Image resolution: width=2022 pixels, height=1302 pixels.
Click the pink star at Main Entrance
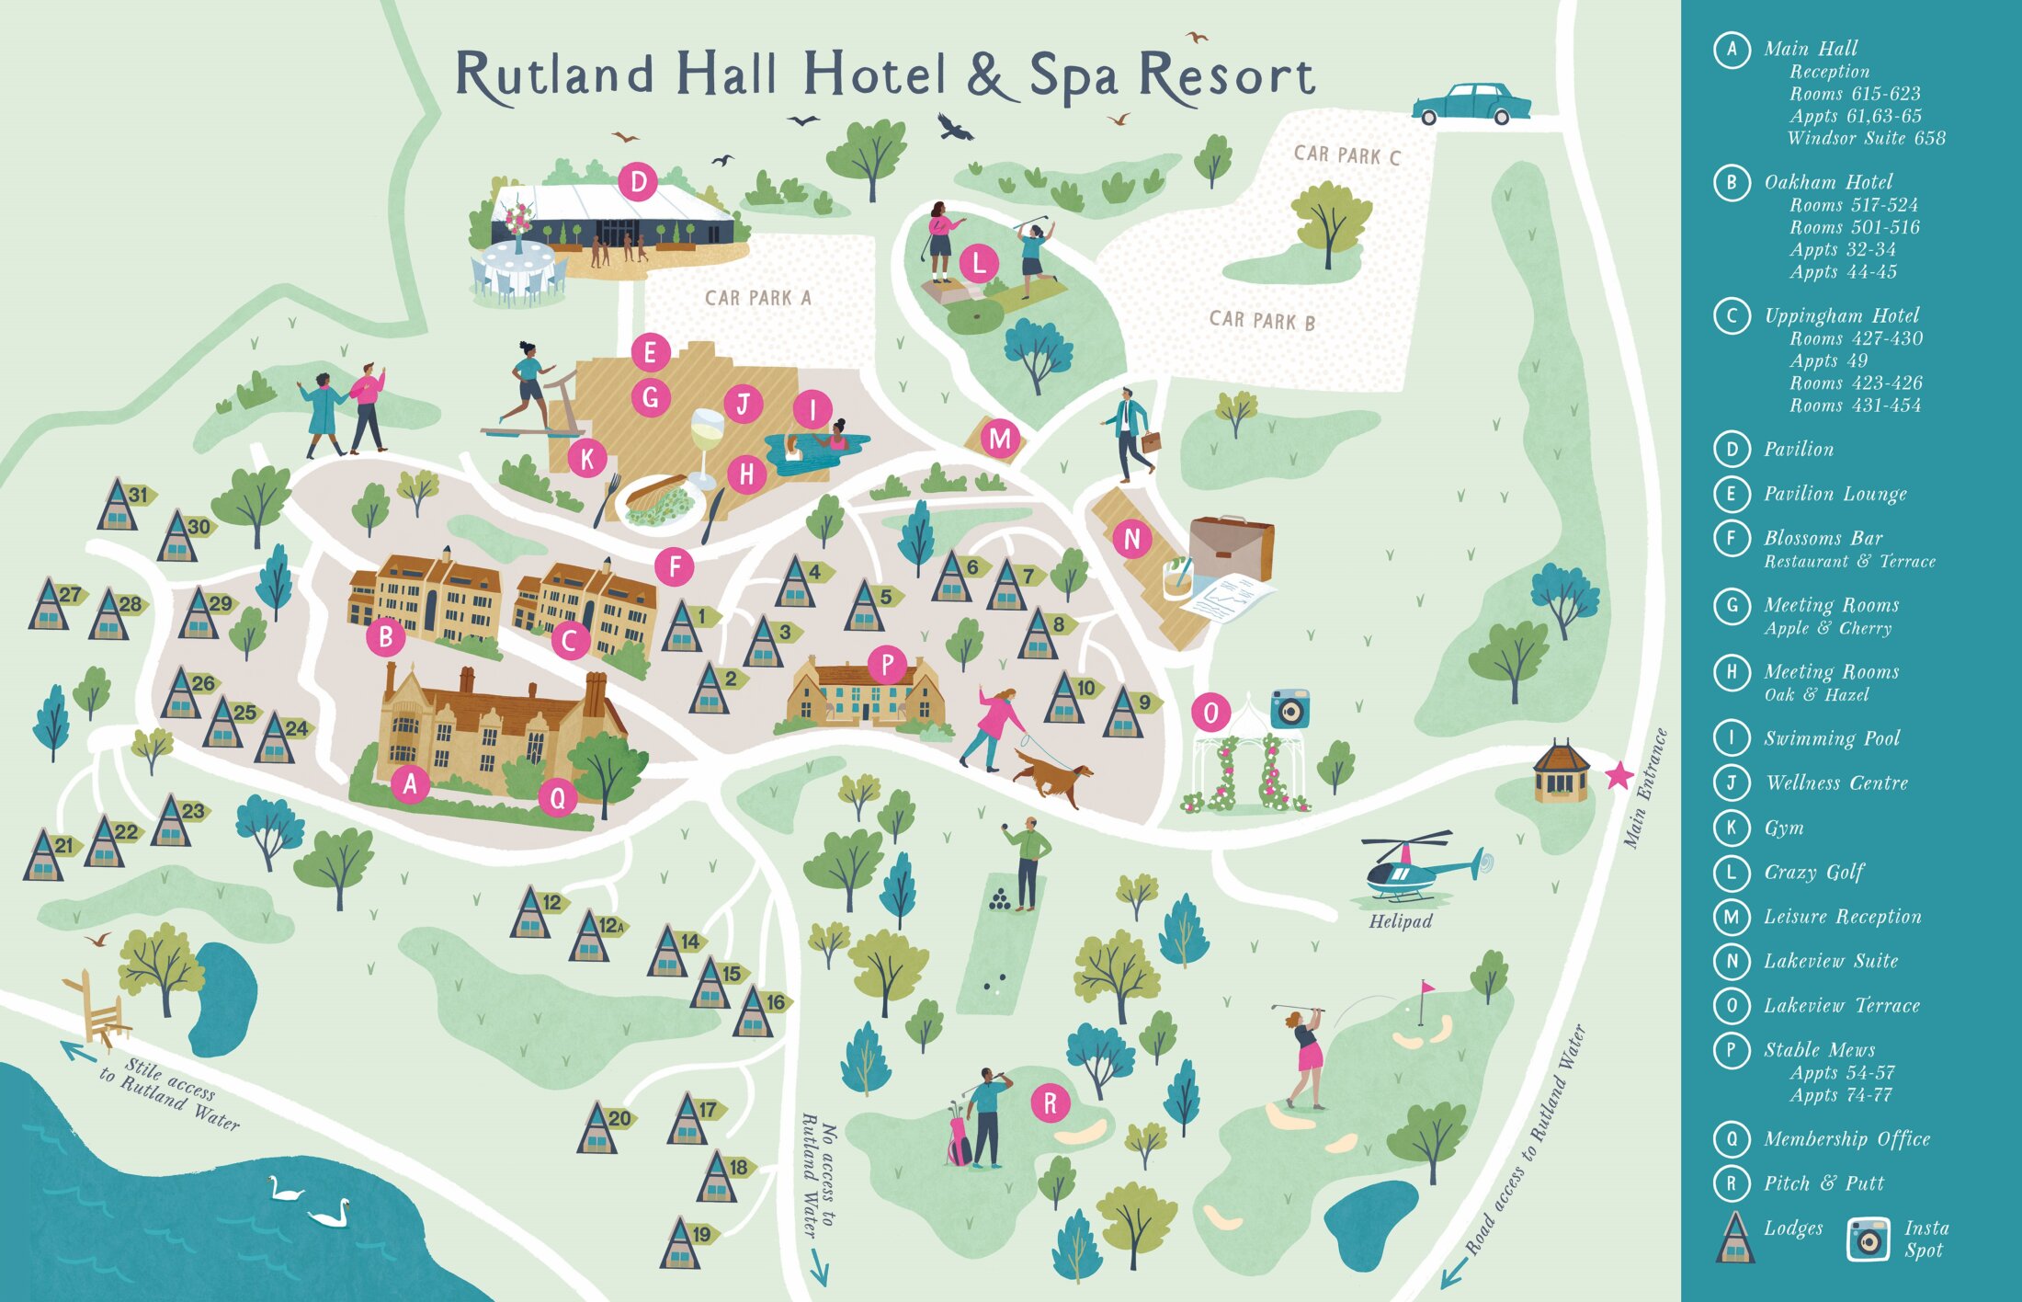pyautogui.click(x=1619, y=776)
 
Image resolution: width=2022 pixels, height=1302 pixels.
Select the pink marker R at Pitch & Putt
pyautogui.click(x=1050, y=1102)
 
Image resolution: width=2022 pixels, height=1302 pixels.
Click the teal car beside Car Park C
pyautogui.click(x=1471, y=104)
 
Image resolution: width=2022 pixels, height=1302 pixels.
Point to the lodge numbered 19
pyautogui.click(x=682, y=1243)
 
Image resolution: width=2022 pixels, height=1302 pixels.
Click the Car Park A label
pyautogui.click(x=757, y=298)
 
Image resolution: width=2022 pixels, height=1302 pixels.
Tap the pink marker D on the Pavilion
pyautogui.click(x=638, y=182)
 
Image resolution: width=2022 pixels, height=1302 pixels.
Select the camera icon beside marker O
pyautogui.click(x=1289, y=709)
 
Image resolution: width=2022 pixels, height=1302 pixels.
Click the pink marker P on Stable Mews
pyautogui.click(x=887, y=663)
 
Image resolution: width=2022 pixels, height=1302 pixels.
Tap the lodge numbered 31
pyautogui.click(x=119, y=504)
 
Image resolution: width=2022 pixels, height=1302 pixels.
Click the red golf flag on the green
pyautogui.click(x=1426, y=989)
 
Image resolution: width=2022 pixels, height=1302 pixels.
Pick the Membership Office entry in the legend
pyautogui.click(x=1846, y=1139)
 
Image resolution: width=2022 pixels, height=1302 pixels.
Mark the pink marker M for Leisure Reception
pyautogui.click(x=1000, y=439)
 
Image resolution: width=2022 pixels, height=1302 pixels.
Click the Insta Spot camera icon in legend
pyautogui.click(x=1869, y=1239)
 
